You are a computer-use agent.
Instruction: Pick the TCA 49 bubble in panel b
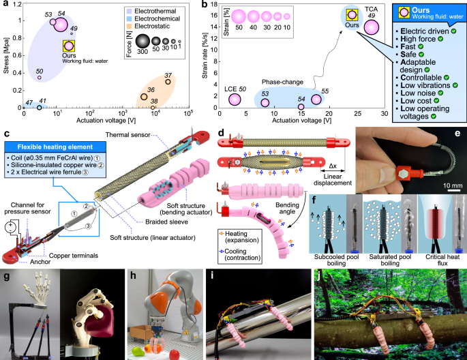(372, 27)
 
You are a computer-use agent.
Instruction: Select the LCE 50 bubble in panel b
(235, 100)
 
